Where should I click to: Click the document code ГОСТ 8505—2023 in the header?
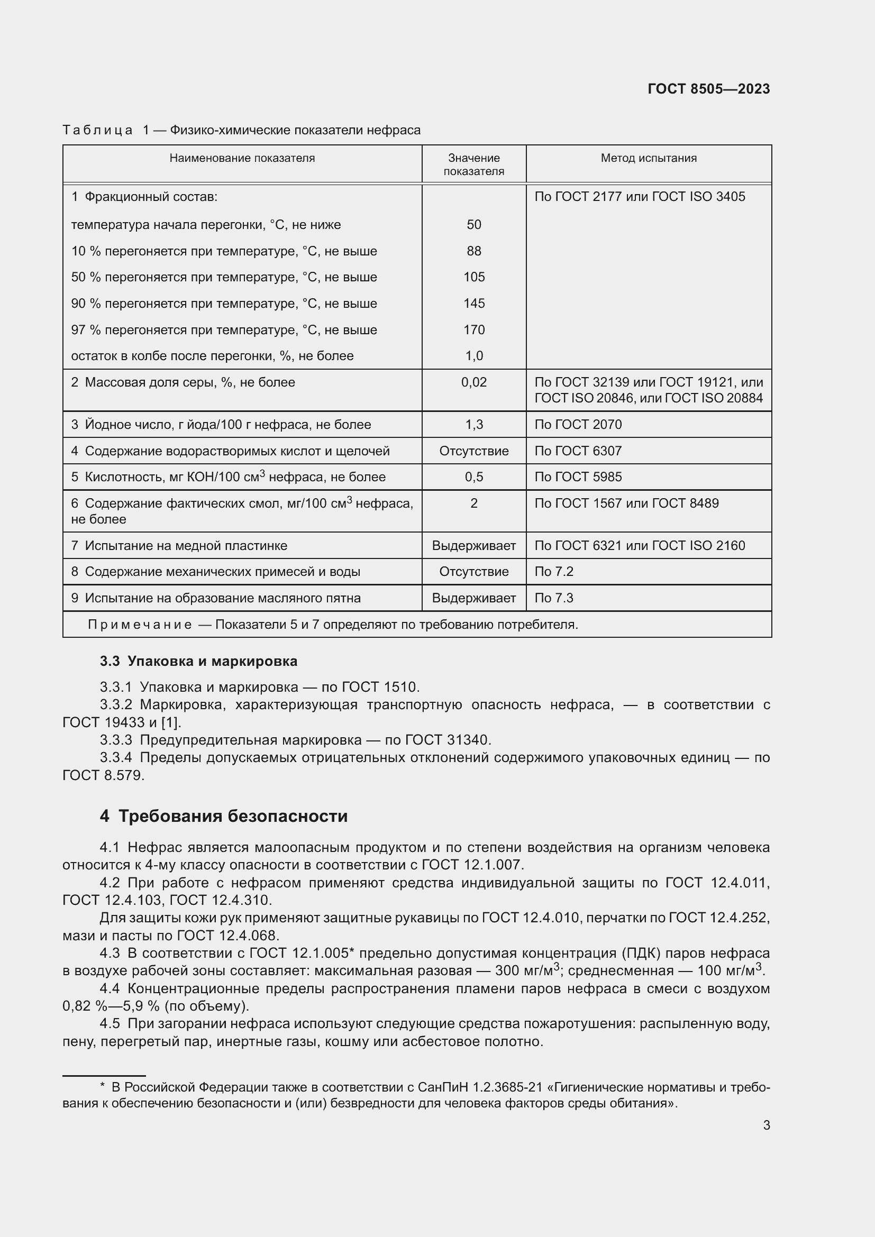[708, 89]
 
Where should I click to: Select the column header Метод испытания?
[648, 158]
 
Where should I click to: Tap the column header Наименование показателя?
[242, 158]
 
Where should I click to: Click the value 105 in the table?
[473, 277]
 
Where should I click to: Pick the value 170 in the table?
[473, 329]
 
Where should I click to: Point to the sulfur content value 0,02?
[473, 382]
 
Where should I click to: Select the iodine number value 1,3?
[473, 425]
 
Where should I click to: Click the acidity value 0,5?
[473, 477]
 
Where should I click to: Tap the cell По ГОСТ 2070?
[578, 425]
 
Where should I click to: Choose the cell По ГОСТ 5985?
[578, 477]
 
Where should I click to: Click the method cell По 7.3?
[553, 598]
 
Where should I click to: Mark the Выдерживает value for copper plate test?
[473, 546]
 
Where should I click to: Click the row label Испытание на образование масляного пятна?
[223, 598]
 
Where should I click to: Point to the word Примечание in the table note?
[140, 625]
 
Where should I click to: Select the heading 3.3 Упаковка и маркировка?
[198, 661]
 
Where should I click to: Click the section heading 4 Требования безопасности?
[224, 816]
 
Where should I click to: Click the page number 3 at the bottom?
[766, 1125]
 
